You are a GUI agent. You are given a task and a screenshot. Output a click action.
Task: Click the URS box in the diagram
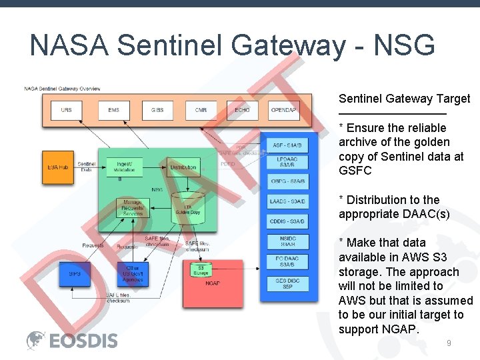66,110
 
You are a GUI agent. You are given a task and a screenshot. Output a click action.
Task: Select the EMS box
113,110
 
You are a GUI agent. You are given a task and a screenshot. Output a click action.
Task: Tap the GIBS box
157,110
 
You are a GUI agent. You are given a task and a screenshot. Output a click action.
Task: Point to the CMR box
201,110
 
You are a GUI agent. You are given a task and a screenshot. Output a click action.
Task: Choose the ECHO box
241,110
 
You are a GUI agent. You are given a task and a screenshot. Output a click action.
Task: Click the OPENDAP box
284,110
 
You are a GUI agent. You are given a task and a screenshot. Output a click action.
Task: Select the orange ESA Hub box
59,167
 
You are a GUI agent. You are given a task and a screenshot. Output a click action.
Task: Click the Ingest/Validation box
124,167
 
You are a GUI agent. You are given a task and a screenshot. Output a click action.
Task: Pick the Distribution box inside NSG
183,167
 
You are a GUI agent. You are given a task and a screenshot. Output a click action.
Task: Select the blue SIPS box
75,273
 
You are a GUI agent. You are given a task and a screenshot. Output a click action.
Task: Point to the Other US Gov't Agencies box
132,273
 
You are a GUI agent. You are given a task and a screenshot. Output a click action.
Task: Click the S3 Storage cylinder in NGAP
201,269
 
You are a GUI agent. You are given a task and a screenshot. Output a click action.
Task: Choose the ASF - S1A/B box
287,145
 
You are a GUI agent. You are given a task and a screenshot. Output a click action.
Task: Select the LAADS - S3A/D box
287,201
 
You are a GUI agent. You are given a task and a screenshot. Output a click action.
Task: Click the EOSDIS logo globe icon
35,340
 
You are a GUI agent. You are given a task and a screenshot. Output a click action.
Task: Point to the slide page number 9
449,343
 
